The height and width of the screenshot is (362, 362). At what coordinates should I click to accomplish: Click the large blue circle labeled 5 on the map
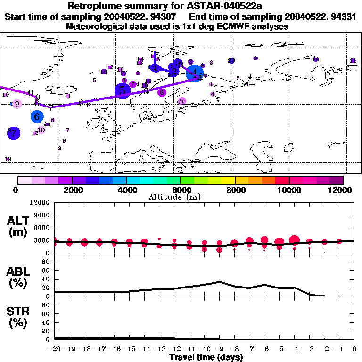[123, 90]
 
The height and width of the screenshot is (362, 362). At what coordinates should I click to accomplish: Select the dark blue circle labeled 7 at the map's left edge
[14, 133]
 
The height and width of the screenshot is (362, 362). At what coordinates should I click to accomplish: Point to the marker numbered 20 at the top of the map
[231, 61]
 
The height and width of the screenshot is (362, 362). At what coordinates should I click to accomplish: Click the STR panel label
[18, 317]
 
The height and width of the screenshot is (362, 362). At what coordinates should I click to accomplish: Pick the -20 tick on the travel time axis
[55, 349]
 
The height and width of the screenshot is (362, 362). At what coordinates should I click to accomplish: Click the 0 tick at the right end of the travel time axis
[354, 349]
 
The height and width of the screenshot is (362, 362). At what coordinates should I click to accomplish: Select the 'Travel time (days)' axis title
[206, 357]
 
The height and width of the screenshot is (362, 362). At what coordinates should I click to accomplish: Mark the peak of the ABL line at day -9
[219, 282]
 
